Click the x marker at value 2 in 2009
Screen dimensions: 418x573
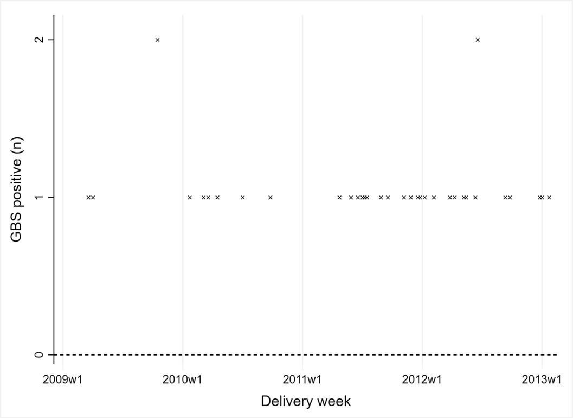click(157, 40)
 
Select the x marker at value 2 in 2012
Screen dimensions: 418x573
click(477, 40)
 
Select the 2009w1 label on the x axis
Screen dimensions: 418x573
click(63, 378)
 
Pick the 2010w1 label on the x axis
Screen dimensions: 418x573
click(183, 378)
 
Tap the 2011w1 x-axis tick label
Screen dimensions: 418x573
click(302, 378)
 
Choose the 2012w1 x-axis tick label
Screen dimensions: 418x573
click(422, 378)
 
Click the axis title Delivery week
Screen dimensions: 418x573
click(306, 401)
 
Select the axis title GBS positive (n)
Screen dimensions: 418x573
click(17, 197)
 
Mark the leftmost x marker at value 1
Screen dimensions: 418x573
click(88, 197)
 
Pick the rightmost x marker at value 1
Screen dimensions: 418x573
click(549, 197)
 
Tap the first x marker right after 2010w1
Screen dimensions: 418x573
click(189, 197)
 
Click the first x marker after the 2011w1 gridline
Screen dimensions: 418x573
click(339, 197)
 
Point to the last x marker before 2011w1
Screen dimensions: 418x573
click(270, 197)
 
